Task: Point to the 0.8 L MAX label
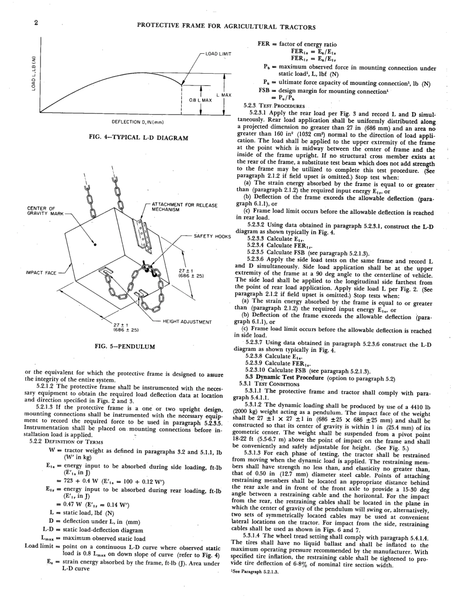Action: (201, 101)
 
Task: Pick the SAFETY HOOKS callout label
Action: (212, 236)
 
